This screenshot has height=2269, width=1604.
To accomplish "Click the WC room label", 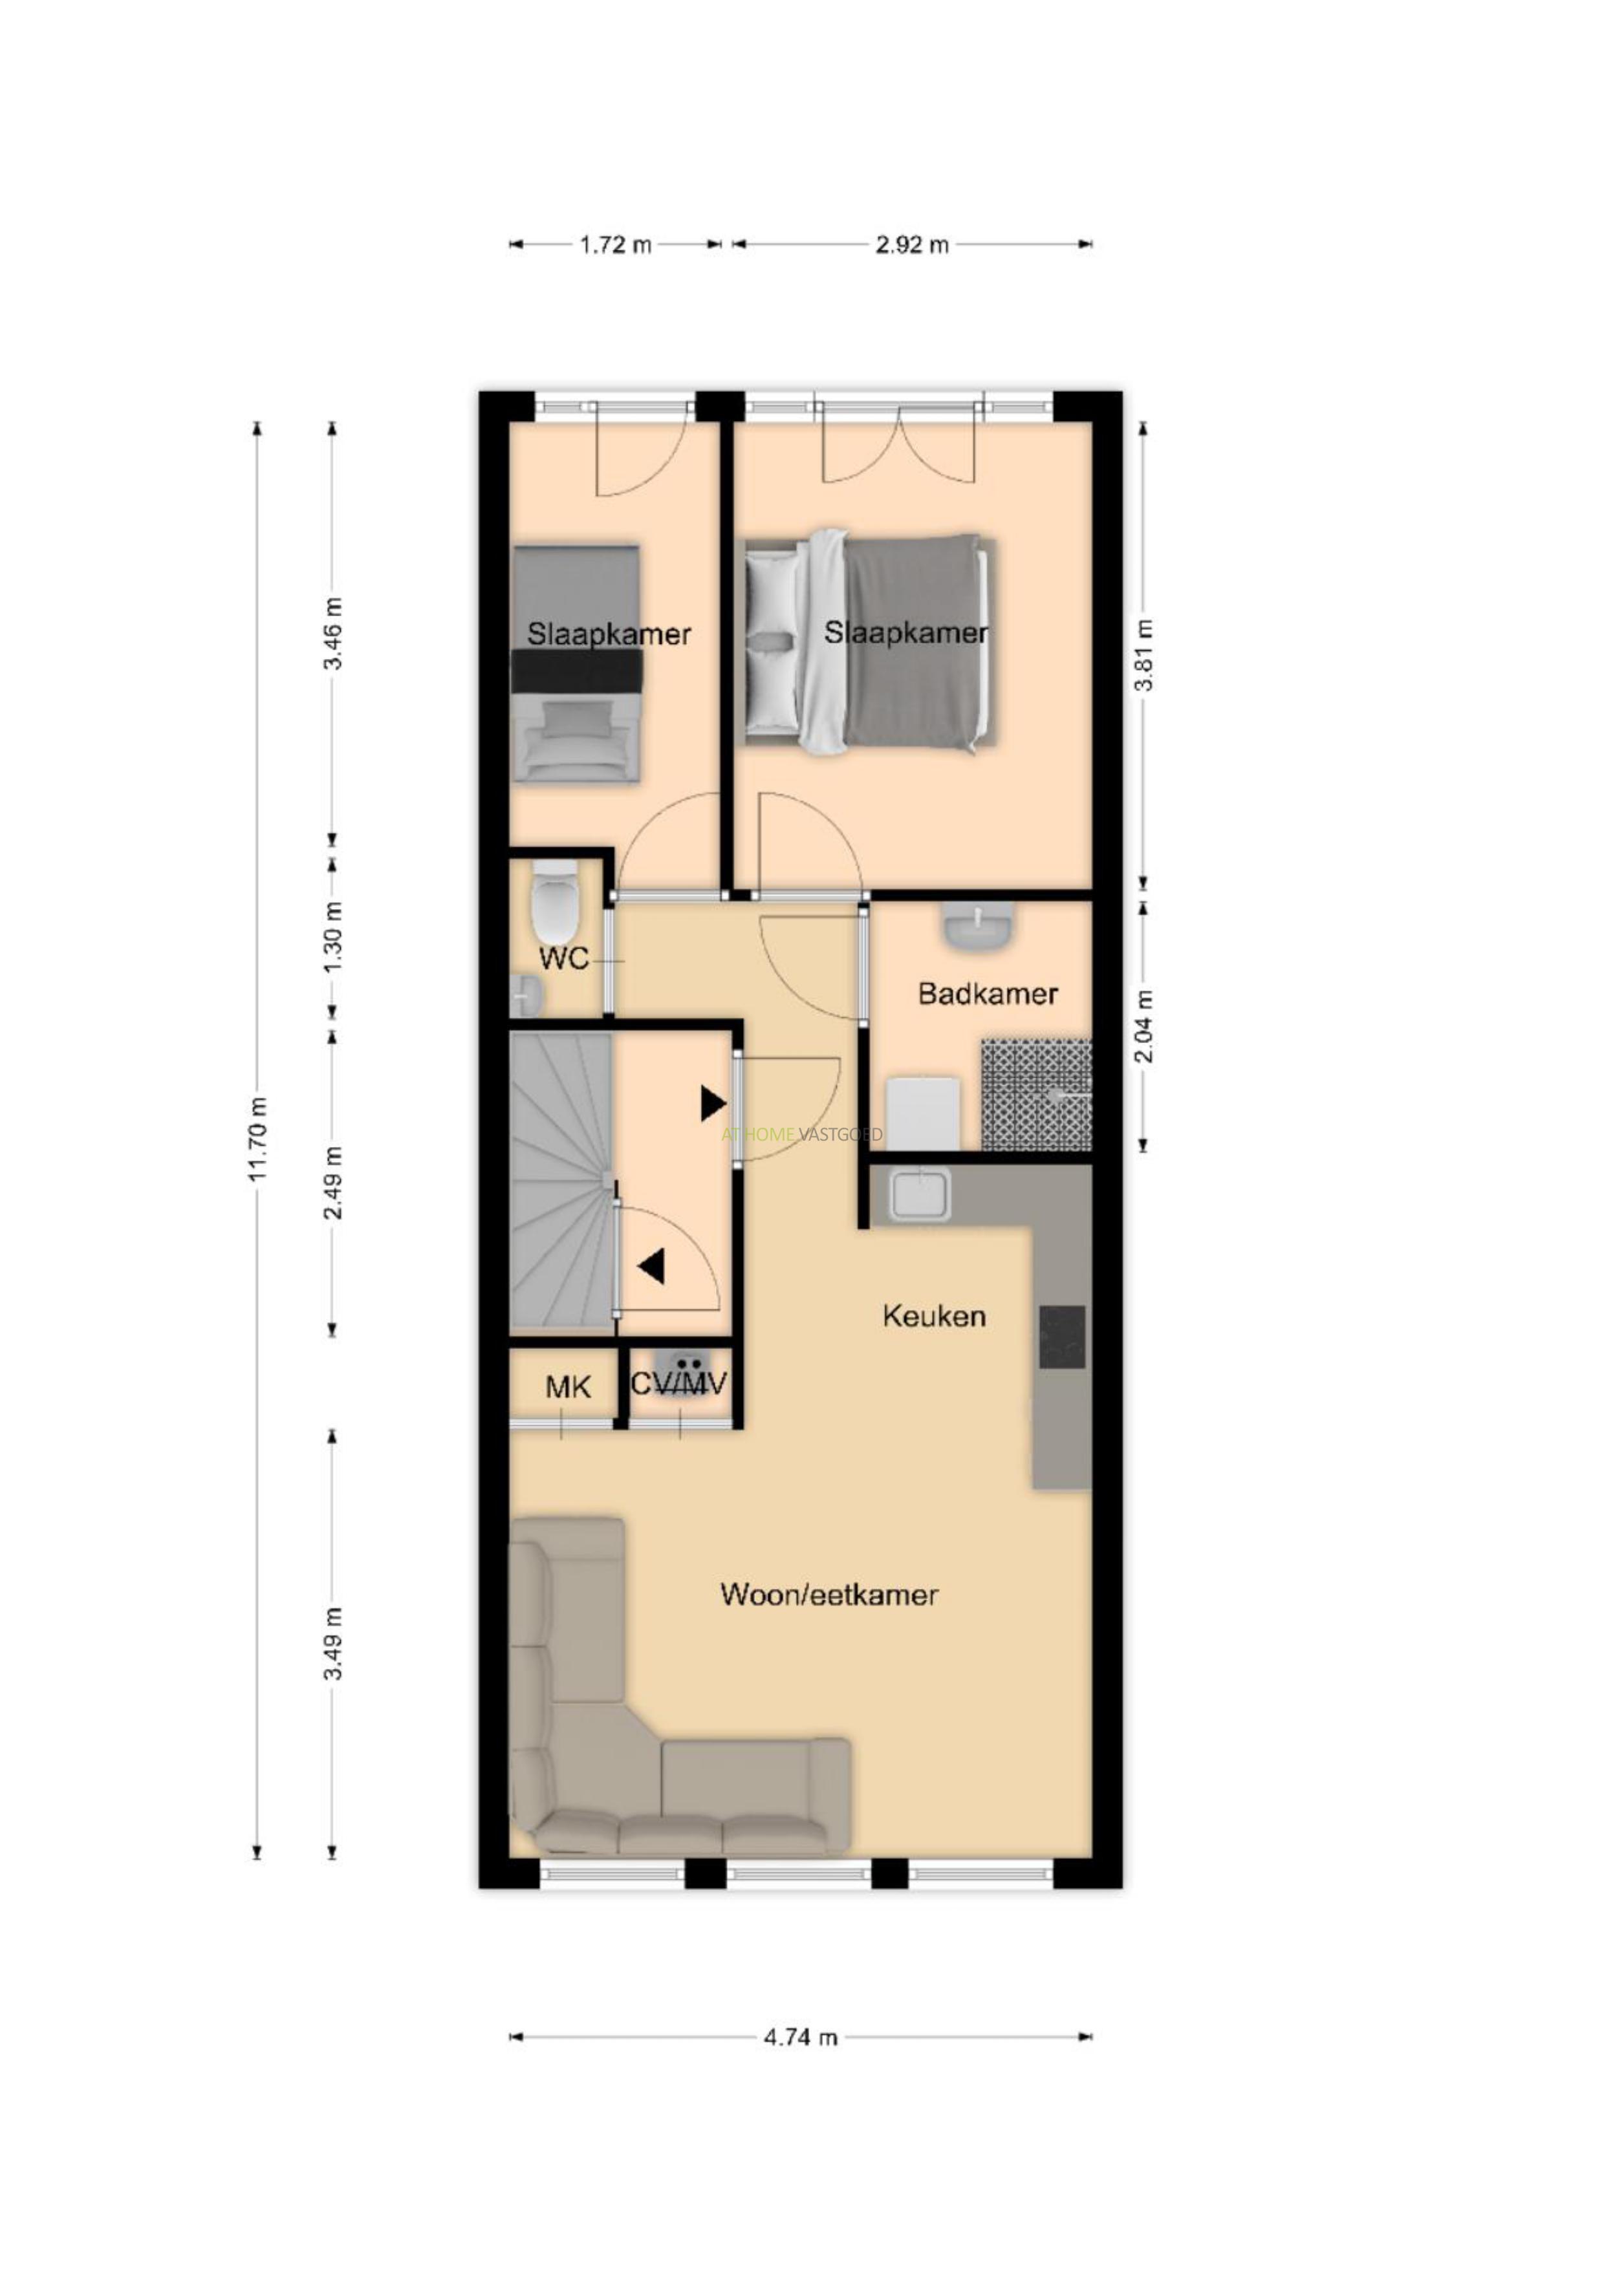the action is [565, 958].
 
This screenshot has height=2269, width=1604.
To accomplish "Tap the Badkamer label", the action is [988, 993].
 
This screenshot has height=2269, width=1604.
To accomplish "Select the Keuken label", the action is [934, 1315].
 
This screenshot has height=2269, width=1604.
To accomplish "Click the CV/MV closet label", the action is [679, 1382].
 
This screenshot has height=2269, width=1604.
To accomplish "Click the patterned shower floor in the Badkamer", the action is [1037, 1095].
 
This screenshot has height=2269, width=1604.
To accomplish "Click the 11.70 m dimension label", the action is [257, 1139].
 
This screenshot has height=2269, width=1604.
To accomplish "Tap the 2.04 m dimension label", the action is [1143, 1026].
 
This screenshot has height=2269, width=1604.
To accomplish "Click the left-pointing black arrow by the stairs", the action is [651, 1266].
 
